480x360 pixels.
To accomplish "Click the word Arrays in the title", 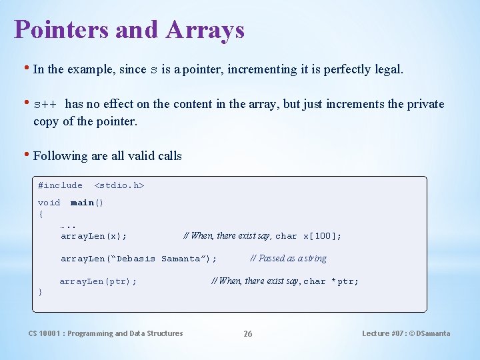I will coord(205,30).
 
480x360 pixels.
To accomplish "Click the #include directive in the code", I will coord(60,185).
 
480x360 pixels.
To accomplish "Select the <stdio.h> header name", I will coord(119,185).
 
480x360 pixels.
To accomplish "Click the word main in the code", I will coord(82,203).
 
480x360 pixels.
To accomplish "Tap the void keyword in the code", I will coord(49,203).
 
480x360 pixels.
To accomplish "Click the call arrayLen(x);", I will coord(94,236).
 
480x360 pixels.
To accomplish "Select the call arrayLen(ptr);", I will coord(98,281).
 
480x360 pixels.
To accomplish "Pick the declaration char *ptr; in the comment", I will coord(331,281).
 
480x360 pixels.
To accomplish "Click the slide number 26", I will coord(247,334).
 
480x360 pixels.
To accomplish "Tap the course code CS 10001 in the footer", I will coord(44,333).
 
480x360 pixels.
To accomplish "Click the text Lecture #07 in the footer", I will coord(384,333).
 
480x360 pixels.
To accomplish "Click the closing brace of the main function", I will coord(41,292).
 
